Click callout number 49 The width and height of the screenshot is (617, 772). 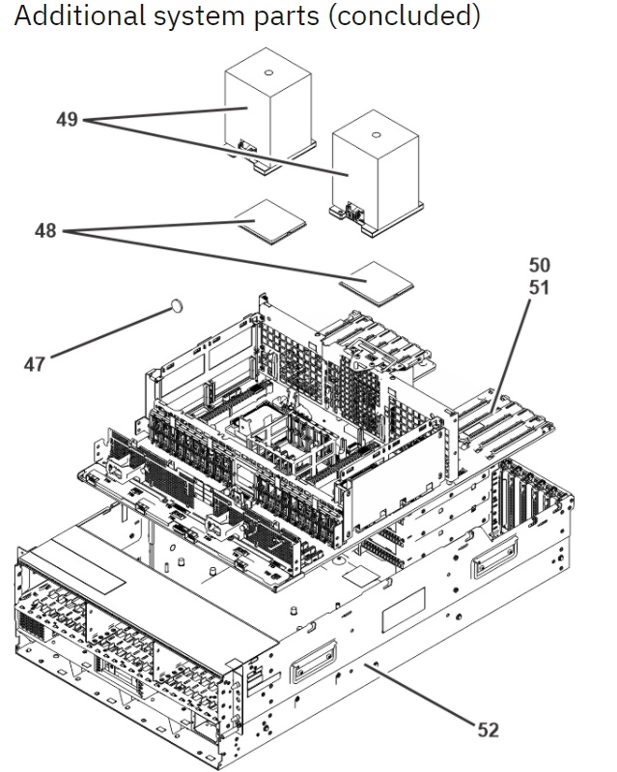[x=67, y=119]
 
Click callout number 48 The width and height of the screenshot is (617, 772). [x=45, y=230]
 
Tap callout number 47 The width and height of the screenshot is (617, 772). [x=35, y=364]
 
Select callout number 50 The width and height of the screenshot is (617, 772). [x=540, y=265]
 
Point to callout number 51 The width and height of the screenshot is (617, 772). [x=540, y=287]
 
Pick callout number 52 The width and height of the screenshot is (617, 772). [x=488, y=729]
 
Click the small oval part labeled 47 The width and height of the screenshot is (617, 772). [x=177, y=305]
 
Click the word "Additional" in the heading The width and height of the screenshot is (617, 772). [x=79, y=15]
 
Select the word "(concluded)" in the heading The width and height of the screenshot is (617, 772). [x=404, y=16]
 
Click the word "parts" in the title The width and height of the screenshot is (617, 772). [x=287, y=17]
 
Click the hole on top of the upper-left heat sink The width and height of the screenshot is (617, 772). [x=268, y=72]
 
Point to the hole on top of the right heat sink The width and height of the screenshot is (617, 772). [x=376, y=135]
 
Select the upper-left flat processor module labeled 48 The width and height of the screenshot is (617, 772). [x=270, y=221]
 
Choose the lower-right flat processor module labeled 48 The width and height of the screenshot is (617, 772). [x=377, y=283]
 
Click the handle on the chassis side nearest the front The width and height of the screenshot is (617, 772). [x=314, y=660]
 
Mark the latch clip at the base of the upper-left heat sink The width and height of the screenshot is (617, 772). [x=247, y=146]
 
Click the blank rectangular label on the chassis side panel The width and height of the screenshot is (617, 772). [x=404, y=610]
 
